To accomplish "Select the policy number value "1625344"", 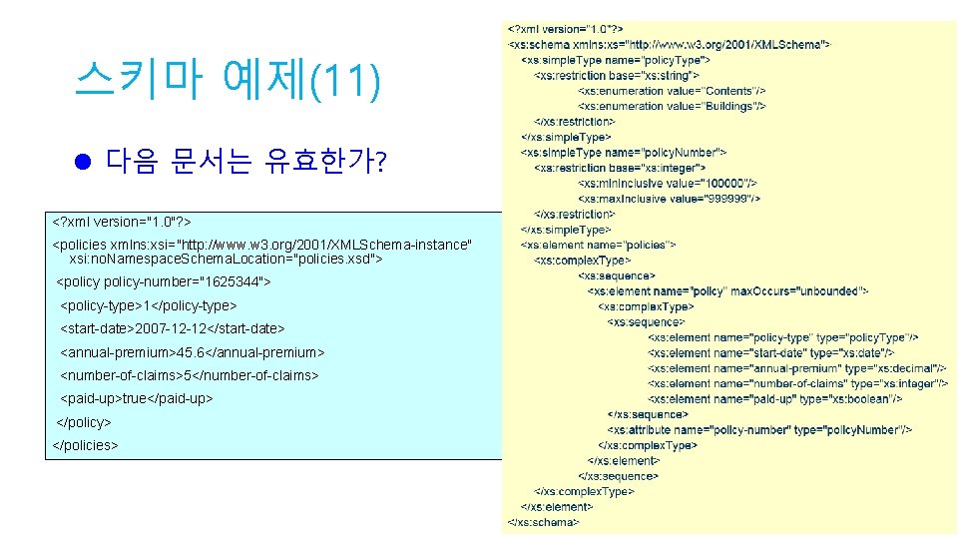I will (x=232, y=282).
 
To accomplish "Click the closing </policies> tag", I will (x=85, y=444).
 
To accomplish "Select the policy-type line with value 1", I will (x=149, y=305).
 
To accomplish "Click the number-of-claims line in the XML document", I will (x=190, y=375).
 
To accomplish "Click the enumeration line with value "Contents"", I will (x=671, y=91).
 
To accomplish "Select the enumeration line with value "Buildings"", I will (x=672, y=106).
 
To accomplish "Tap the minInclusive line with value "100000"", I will (x=667, y=183).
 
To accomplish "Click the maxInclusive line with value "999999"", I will (x=669, y=198).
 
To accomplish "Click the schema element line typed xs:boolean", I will (x=774, y=398).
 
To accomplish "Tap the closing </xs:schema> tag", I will (x=543, y=521).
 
